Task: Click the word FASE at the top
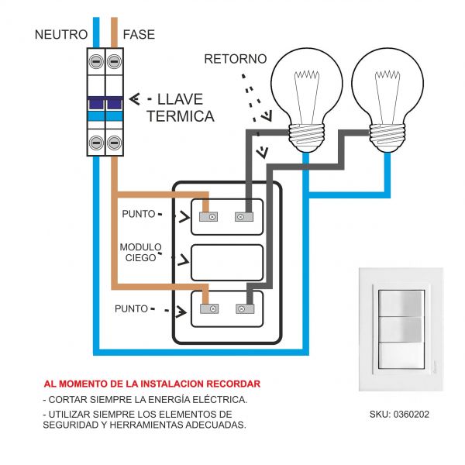click(139, 35)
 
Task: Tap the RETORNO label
click(235, 59)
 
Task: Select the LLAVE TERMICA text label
click(180, 108)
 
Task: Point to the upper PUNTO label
click(139, 213)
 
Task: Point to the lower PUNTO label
click(131, 308)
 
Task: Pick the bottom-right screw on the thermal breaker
click(115, 142)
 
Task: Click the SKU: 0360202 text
click(399, 415)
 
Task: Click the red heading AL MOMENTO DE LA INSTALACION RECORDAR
click(152, 384)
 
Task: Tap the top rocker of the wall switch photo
click(401, 301)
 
